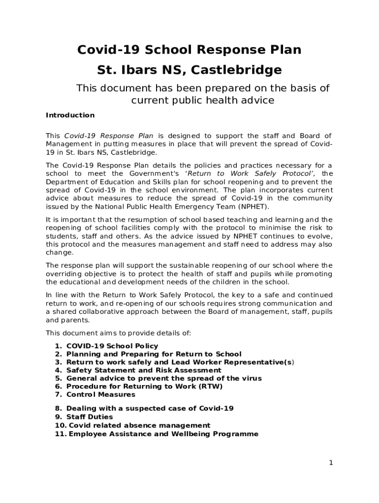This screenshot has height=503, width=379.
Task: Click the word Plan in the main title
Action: [284, 50]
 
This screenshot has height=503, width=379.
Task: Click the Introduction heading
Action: [70, 115]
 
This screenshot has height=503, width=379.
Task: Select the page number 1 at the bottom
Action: [331, 463]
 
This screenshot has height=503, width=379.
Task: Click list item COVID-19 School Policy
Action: [112, 346]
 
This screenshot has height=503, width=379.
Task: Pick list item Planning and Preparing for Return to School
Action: [154, 354]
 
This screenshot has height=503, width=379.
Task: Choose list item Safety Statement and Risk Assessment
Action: [144, 370]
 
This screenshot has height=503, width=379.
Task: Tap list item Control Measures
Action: [100, 394]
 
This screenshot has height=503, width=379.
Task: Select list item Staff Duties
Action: [90, 417]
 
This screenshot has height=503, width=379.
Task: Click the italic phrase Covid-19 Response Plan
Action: [109, 136]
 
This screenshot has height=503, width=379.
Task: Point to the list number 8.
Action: [58, 408]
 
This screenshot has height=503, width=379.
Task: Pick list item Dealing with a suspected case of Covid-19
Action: [150, 408]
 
